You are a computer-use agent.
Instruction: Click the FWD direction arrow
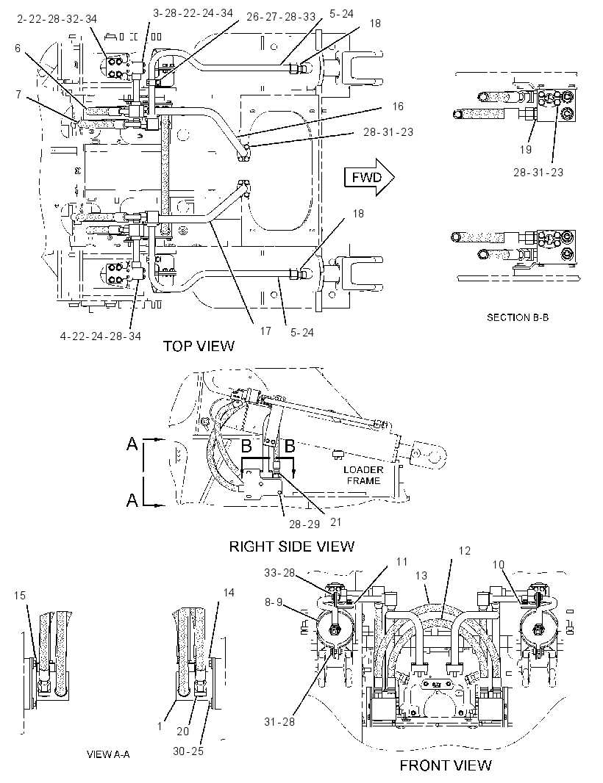(x=369, y=177)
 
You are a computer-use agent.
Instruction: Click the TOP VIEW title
(x=199, y=346)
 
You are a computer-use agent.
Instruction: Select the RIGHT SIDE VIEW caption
(x=291, y=546)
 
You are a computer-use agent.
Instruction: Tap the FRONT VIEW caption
(x=446, y=765)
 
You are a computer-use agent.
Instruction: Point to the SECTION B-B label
(x=518, y=317)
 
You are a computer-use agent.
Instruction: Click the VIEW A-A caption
(x=108, y=754)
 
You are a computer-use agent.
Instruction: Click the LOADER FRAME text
(x=363, y=475)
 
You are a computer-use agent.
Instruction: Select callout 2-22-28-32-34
(x=57, y=19)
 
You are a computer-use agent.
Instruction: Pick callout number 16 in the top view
(x=398, y=107)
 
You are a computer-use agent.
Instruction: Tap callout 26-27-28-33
(x=281, y=16)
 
